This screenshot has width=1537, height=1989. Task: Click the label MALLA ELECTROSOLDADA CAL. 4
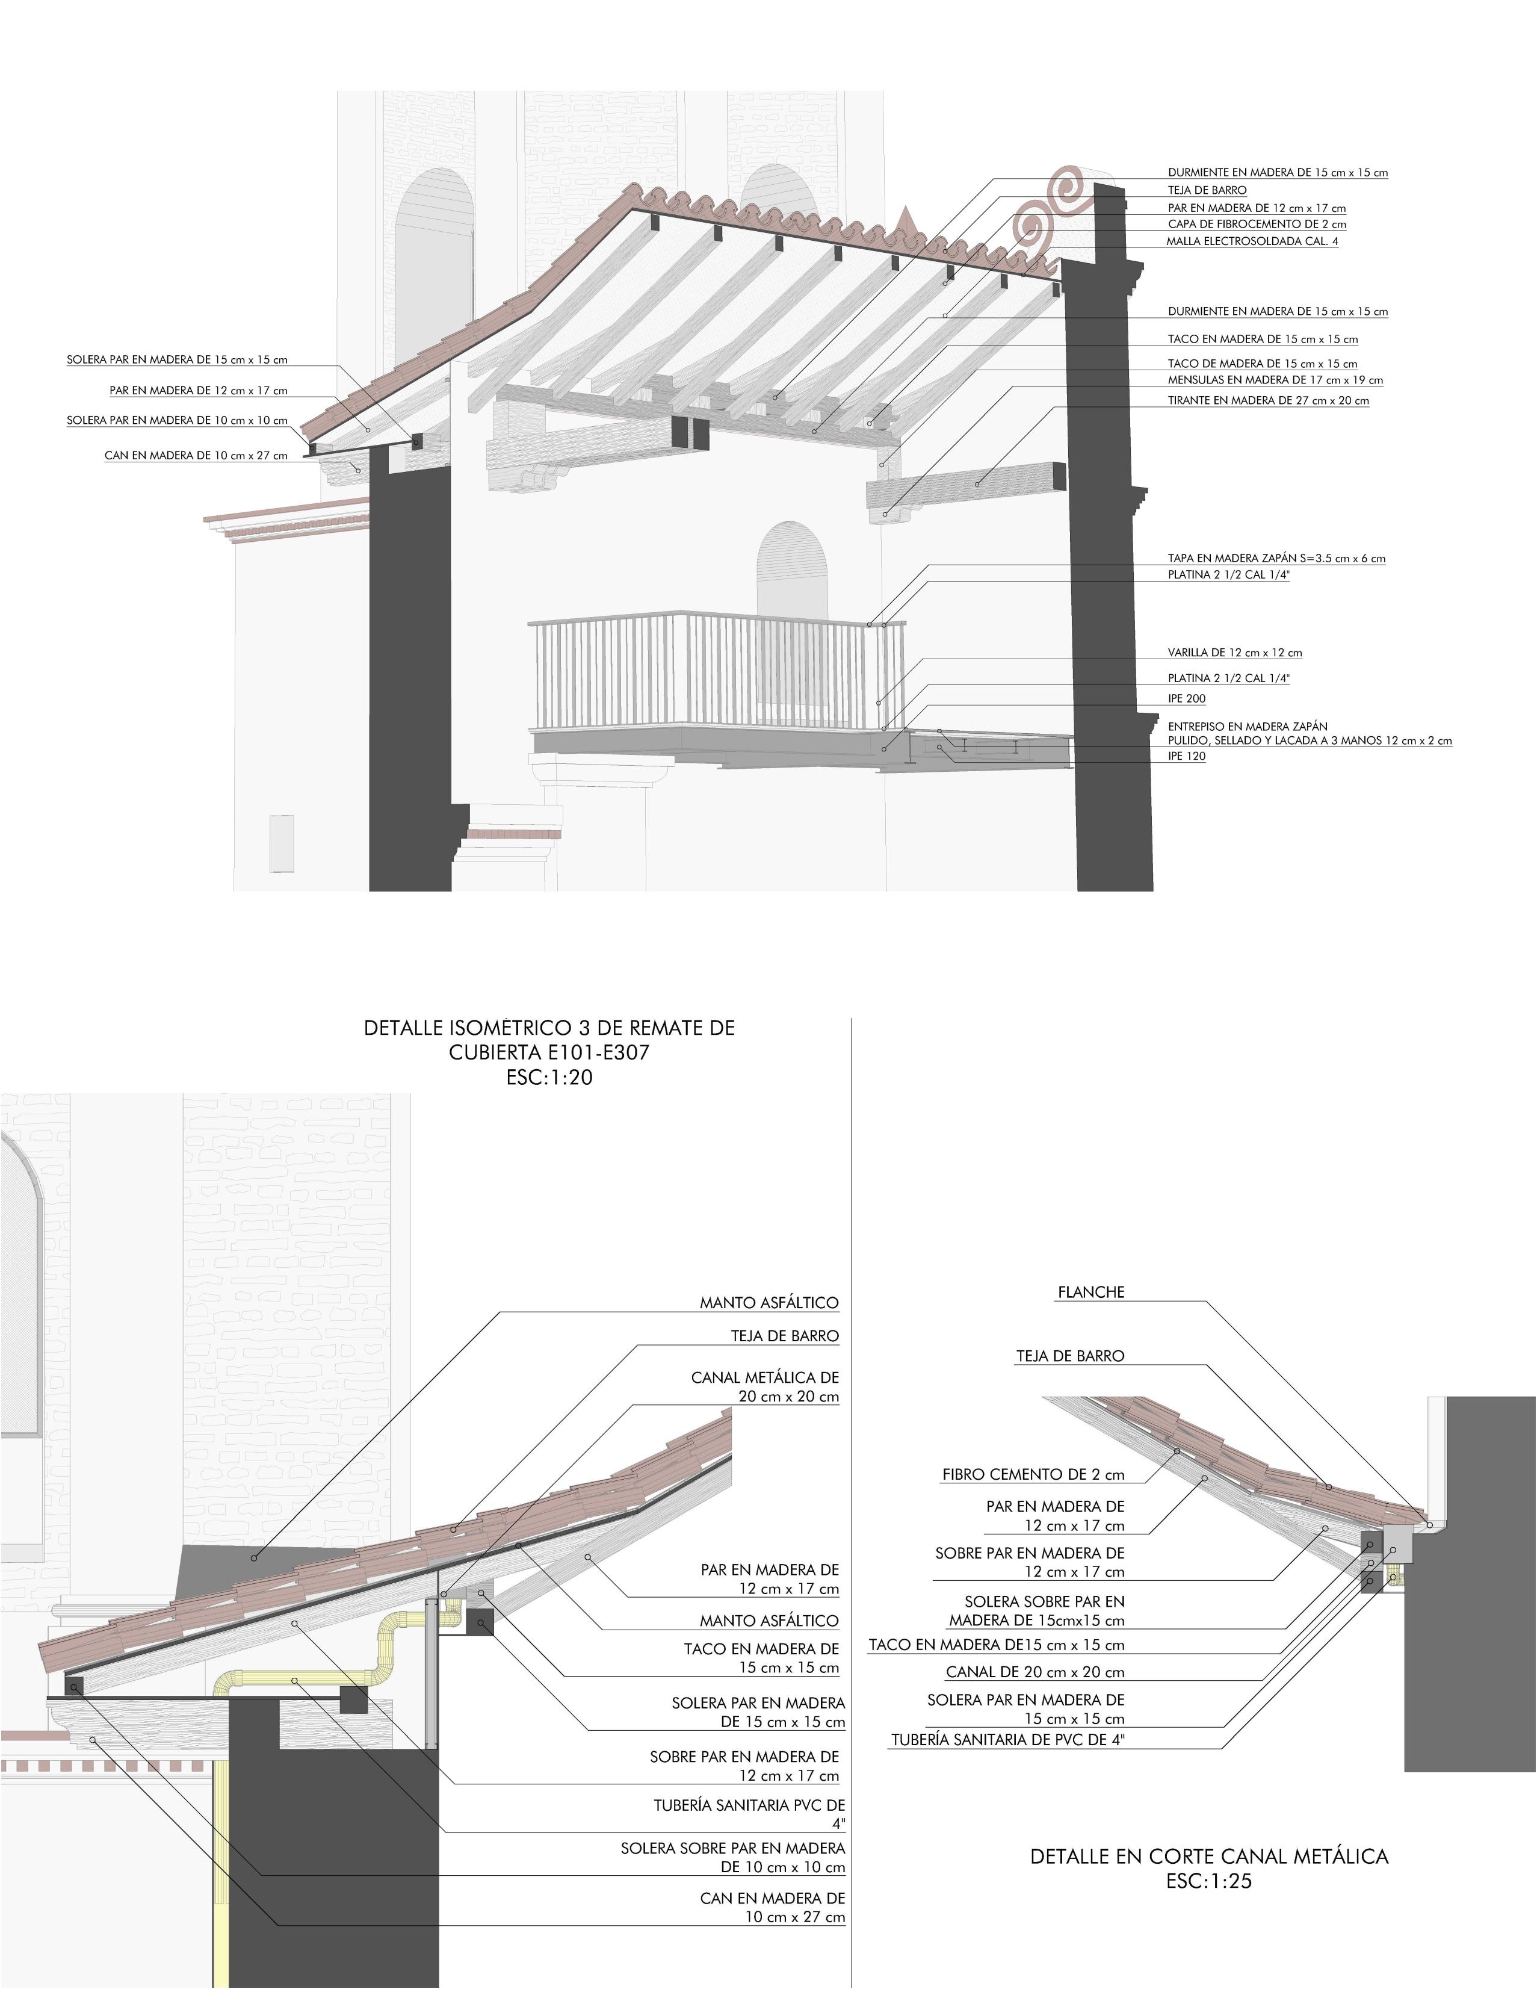click(1252, 241)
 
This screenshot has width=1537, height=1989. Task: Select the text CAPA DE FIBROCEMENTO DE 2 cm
click(1257, 224)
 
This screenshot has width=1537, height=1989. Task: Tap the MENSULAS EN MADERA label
click(1275, 380)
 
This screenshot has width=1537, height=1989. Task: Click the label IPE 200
click(1186, 698)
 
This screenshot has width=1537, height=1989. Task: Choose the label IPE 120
click(1186, 756)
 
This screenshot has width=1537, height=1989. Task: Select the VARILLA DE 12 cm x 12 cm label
click(1235, 653)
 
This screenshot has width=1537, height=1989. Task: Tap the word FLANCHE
click(1091, 1292)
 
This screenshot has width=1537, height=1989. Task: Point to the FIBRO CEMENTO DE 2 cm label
click(1033, 1474)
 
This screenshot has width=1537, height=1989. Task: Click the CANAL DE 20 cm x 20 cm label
click(1035, 1672)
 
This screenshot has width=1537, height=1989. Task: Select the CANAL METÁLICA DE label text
click(765, 1378)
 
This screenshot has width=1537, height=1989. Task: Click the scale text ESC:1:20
click(549, 1078)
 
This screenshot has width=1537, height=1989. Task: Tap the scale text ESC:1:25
click(1208, 1881)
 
